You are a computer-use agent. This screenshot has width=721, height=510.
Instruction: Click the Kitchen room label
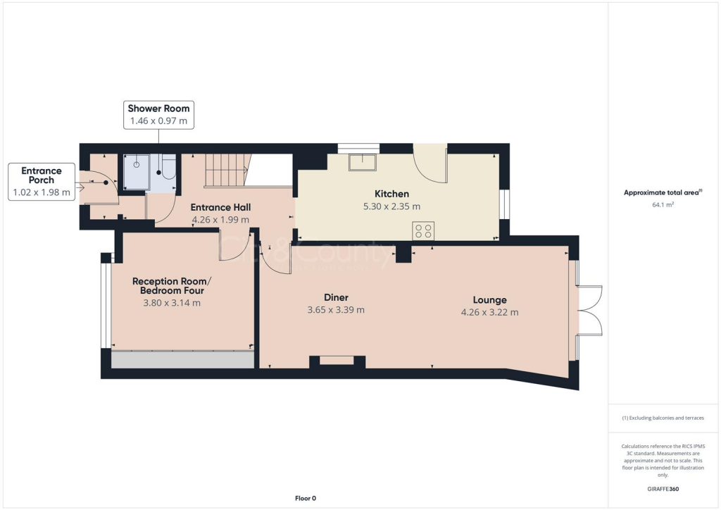(391, 194)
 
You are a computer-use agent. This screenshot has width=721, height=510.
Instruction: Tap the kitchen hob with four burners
(424, 230)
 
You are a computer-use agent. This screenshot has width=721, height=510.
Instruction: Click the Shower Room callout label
(158, 108)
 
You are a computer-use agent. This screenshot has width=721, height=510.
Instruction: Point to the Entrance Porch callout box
(42, 181)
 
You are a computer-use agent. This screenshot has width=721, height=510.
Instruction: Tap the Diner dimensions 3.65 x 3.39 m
(336, 310)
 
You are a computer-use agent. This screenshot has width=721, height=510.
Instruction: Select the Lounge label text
(489, 299)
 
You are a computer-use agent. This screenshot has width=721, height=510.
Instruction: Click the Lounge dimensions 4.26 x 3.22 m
(489, 312)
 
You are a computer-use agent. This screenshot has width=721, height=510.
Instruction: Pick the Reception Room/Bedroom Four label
(172, 285)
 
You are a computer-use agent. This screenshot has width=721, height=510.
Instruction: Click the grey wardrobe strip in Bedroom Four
(182, 359)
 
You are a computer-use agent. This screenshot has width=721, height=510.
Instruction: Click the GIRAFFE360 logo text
(664, 489)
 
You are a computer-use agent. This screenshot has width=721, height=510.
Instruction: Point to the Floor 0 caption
(305, 499)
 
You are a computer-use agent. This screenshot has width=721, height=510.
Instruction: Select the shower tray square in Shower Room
(137, 172)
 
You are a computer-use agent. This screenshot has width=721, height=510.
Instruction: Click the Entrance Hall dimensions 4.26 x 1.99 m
(220, 220)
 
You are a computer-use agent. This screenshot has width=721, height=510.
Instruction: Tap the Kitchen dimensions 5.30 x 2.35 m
(391, 206)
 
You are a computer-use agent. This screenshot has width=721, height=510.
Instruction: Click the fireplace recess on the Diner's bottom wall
(337, 361)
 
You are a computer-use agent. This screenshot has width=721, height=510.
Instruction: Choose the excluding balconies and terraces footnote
(663, 418)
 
